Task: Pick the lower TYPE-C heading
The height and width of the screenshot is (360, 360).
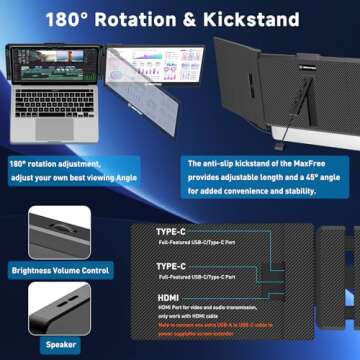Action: [173, 266]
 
